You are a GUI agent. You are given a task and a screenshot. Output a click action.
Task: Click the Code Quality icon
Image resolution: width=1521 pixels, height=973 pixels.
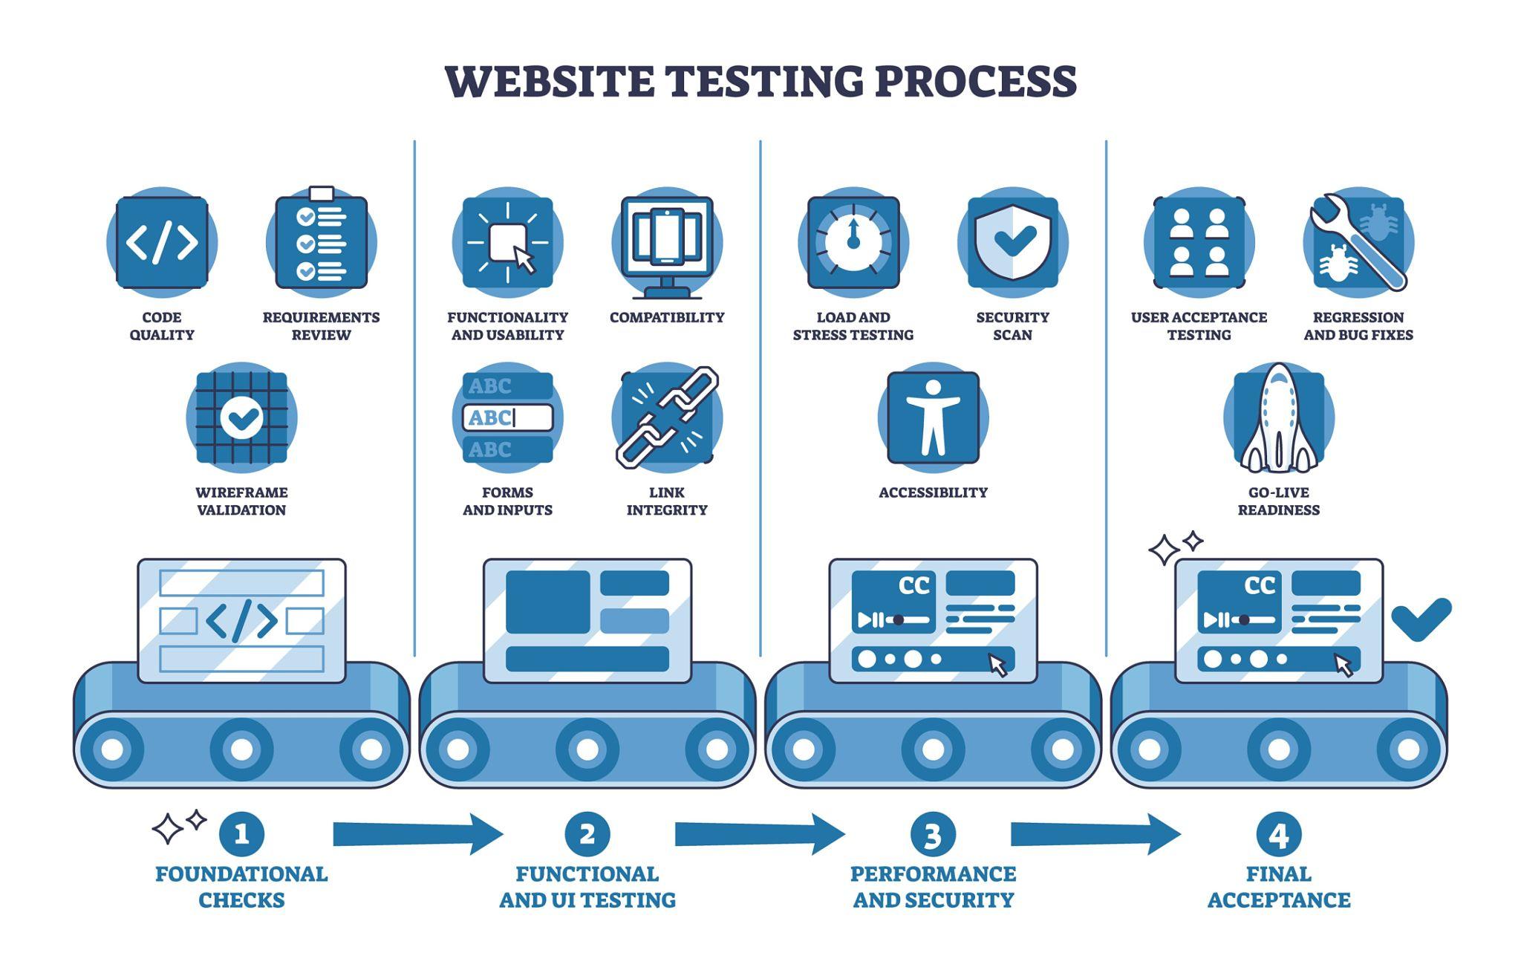coord(162,242)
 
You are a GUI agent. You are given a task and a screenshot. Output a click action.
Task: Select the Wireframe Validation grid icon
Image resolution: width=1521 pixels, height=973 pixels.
coord(241,417)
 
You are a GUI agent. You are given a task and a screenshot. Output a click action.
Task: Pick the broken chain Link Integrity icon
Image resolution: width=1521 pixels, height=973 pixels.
coord(667,417)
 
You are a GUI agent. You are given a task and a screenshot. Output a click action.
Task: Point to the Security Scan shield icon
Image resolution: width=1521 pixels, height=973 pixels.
coord(1013,242)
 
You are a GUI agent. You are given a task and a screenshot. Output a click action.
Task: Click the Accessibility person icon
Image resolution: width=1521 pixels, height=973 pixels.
coord(934,417)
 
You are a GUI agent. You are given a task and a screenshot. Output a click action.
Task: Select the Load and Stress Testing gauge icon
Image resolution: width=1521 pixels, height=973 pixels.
coord(853,242)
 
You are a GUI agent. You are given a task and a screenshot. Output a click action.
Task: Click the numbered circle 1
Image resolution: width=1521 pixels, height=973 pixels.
coord(241,834)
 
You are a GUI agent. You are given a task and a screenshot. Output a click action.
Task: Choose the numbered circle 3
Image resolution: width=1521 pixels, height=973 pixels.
coord(933,834)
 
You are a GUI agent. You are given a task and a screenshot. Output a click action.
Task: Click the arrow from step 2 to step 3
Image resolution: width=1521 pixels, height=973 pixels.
coord(760,834)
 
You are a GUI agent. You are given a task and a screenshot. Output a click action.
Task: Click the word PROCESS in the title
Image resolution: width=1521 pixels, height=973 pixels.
coord(975,81)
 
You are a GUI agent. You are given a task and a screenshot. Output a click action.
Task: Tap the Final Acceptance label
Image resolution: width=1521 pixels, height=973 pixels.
coord(1279,887)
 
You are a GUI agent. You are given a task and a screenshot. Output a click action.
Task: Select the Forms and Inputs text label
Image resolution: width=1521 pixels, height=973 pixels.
coord(508,501)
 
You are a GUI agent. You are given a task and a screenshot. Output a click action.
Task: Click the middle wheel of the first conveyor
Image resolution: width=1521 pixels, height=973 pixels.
coord(241,749)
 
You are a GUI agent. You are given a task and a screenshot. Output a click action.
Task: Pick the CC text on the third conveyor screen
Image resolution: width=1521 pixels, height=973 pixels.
coord(914,586)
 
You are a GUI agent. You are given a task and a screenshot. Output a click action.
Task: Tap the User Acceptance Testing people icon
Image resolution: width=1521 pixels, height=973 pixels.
coord(1199,242)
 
